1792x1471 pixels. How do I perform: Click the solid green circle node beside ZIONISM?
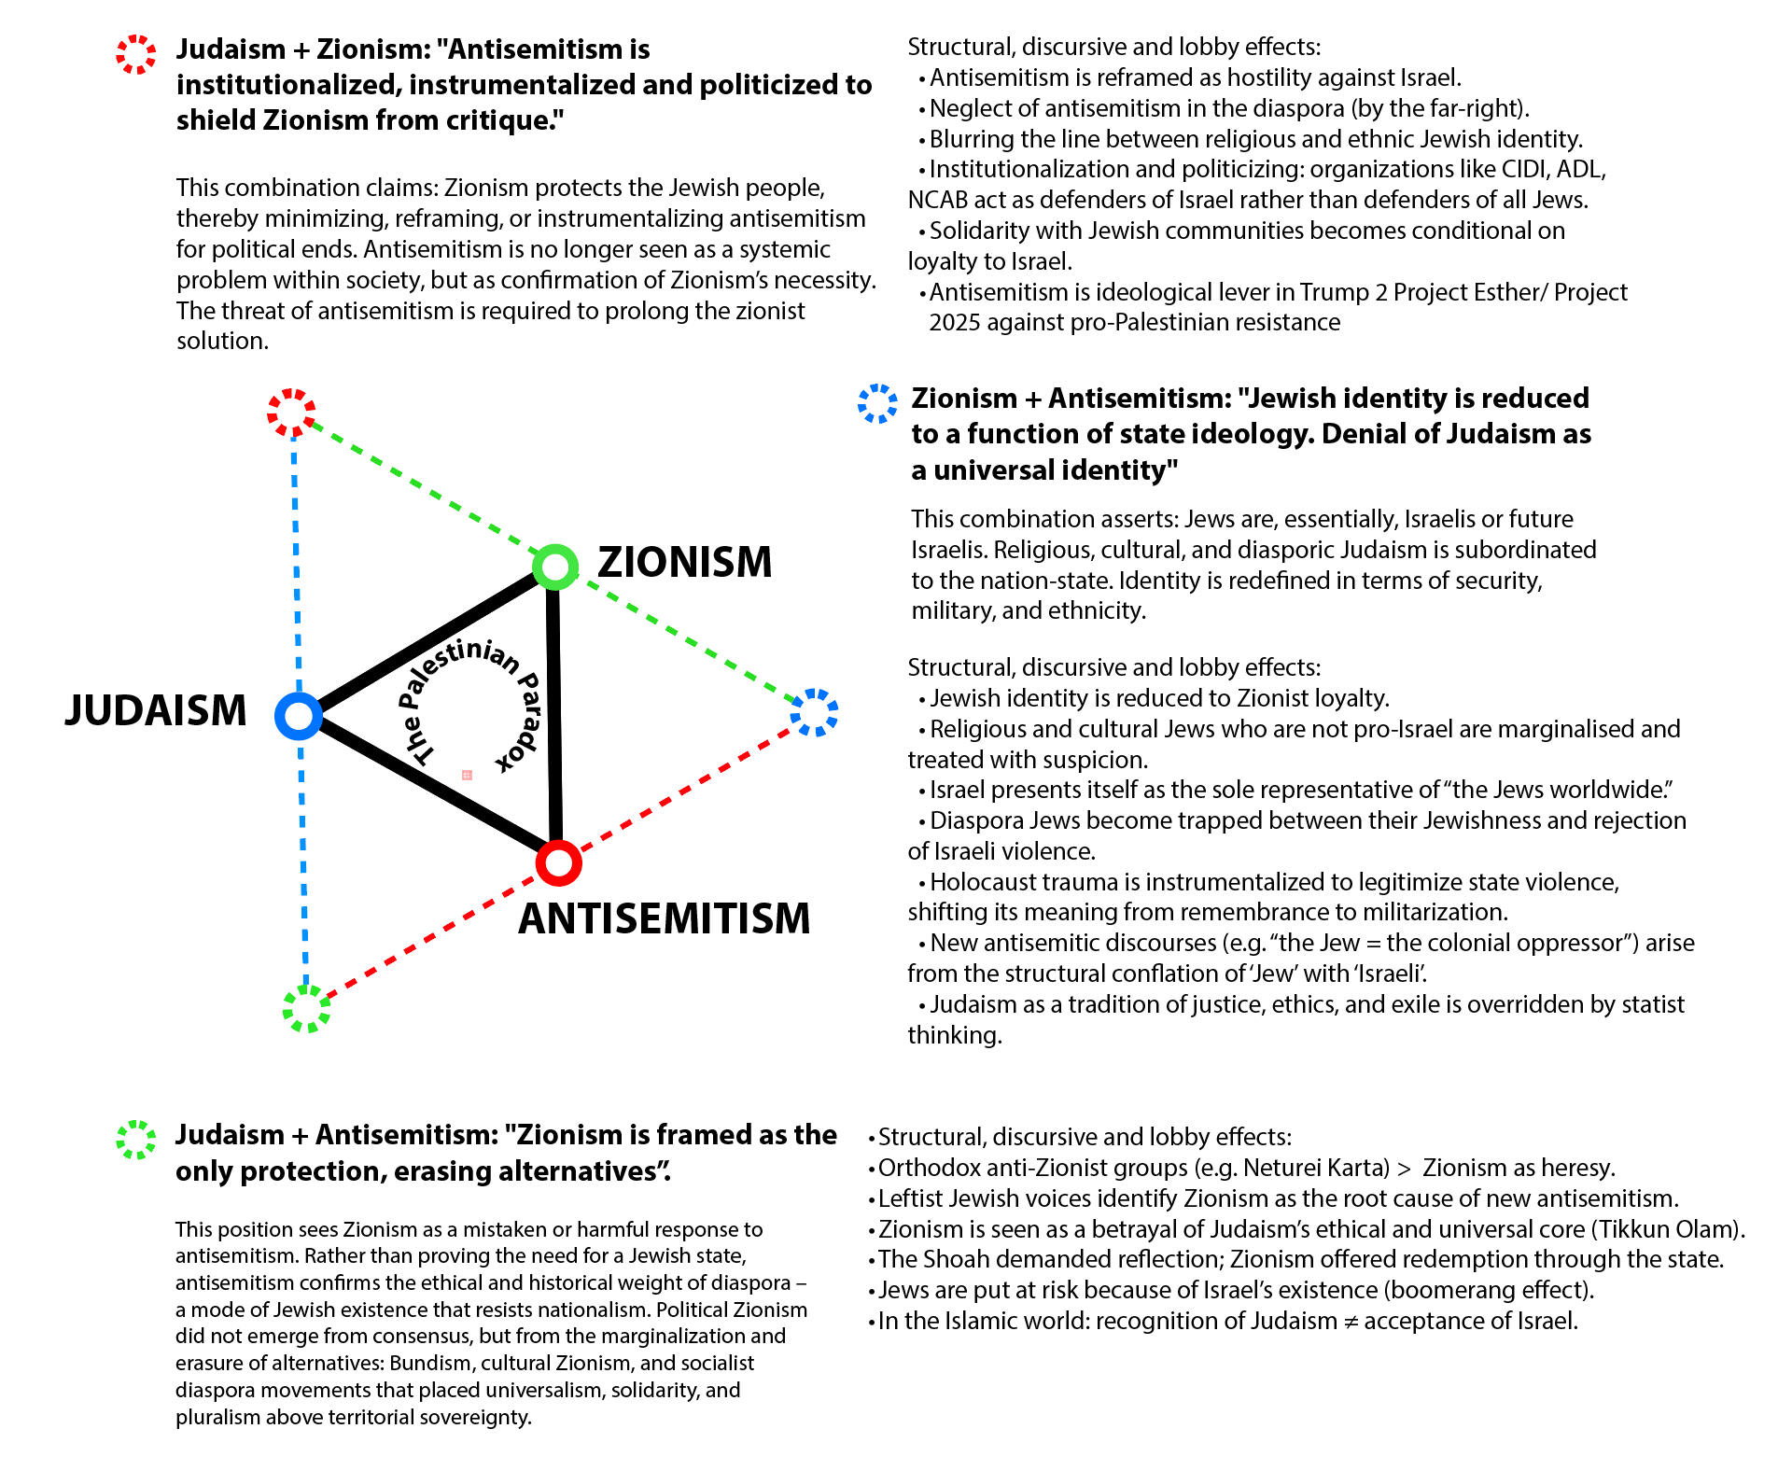pos(555,567)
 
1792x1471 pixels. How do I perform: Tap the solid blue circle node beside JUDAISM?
pos(299,716)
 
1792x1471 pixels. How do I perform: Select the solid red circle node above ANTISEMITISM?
pos(558,862)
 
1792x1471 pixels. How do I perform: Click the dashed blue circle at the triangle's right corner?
pos(814,712)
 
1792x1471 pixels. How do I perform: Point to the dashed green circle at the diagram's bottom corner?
pos(306,1008)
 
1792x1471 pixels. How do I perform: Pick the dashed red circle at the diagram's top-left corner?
pos(291,413)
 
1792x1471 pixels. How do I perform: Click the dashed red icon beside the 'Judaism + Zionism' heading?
pos(136,54)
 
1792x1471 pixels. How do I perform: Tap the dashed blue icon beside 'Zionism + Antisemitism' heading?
pos(877,403)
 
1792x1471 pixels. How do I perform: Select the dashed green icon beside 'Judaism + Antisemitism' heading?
pos(136,1140)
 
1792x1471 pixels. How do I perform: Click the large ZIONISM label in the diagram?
pos(684,562)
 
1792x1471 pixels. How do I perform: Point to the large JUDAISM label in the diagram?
pos(156,710)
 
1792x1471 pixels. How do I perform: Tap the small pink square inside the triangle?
pos(467,775)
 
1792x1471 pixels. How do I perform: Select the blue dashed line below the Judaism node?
pos(303,859)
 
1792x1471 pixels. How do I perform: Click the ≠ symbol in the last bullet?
pos(1351,1322)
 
